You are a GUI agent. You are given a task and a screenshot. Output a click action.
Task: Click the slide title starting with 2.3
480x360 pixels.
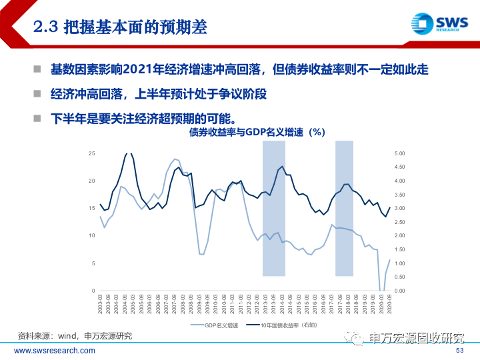pyautogui.click(x=120, y=27)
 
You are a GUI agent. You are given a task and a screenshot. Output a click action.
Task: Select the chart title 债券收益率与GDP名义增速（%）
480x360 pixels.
pyautogui.click(x=252, y=132)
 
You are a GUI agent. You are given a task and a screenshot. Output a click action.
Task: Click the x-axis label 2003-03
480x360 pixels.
pyautogui.click(x=100, y=305)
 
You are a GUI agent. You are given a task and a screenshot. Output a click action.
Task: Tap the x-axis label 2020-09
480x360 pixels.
pyautogui.click(x=390, y=305)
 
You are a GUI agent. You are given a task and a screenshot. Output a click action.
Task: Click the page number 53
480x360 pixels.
pyautogui.click(x=459, y=351)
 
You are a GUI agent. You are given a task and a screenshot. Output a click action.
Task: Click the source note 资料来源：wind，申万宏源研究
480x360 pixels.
pyautogui.click(x=75, y=336)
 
